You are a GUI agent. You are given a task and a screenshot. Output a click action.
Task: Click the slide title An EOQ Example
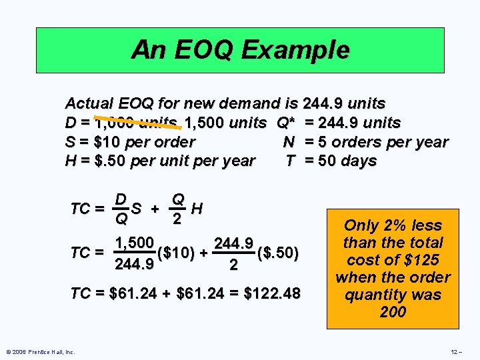(x=240, y=49)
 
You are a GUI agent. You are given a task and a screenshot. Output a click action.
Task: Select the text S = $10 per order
(x=130, y=142)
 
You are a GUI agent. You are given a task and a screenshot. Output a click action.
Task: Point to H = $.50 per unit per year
(x=160, y=161)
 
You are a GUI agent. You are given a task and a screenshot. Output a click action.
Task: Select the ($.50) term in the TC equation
(x=278, y=253)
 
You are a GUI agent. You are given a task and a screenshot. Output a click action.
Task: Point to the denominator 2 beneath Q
(x=178, y=219)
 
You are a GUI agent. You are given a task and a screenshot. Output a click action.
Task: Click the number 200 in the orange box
(x=392, y=311)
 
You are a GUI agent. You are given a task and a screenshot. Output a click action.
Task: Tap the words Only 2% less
(x=393, y=225)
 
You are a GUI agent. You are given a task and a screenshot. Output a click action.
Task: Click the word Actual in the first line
(x=89, y=103)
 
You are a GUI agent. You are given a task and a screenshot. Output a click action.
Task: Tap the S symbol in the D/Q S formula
(x=136, y=209)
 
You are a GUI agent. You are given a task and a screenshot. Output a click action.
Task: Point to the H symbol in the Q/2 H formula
(x=196, y=209)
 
